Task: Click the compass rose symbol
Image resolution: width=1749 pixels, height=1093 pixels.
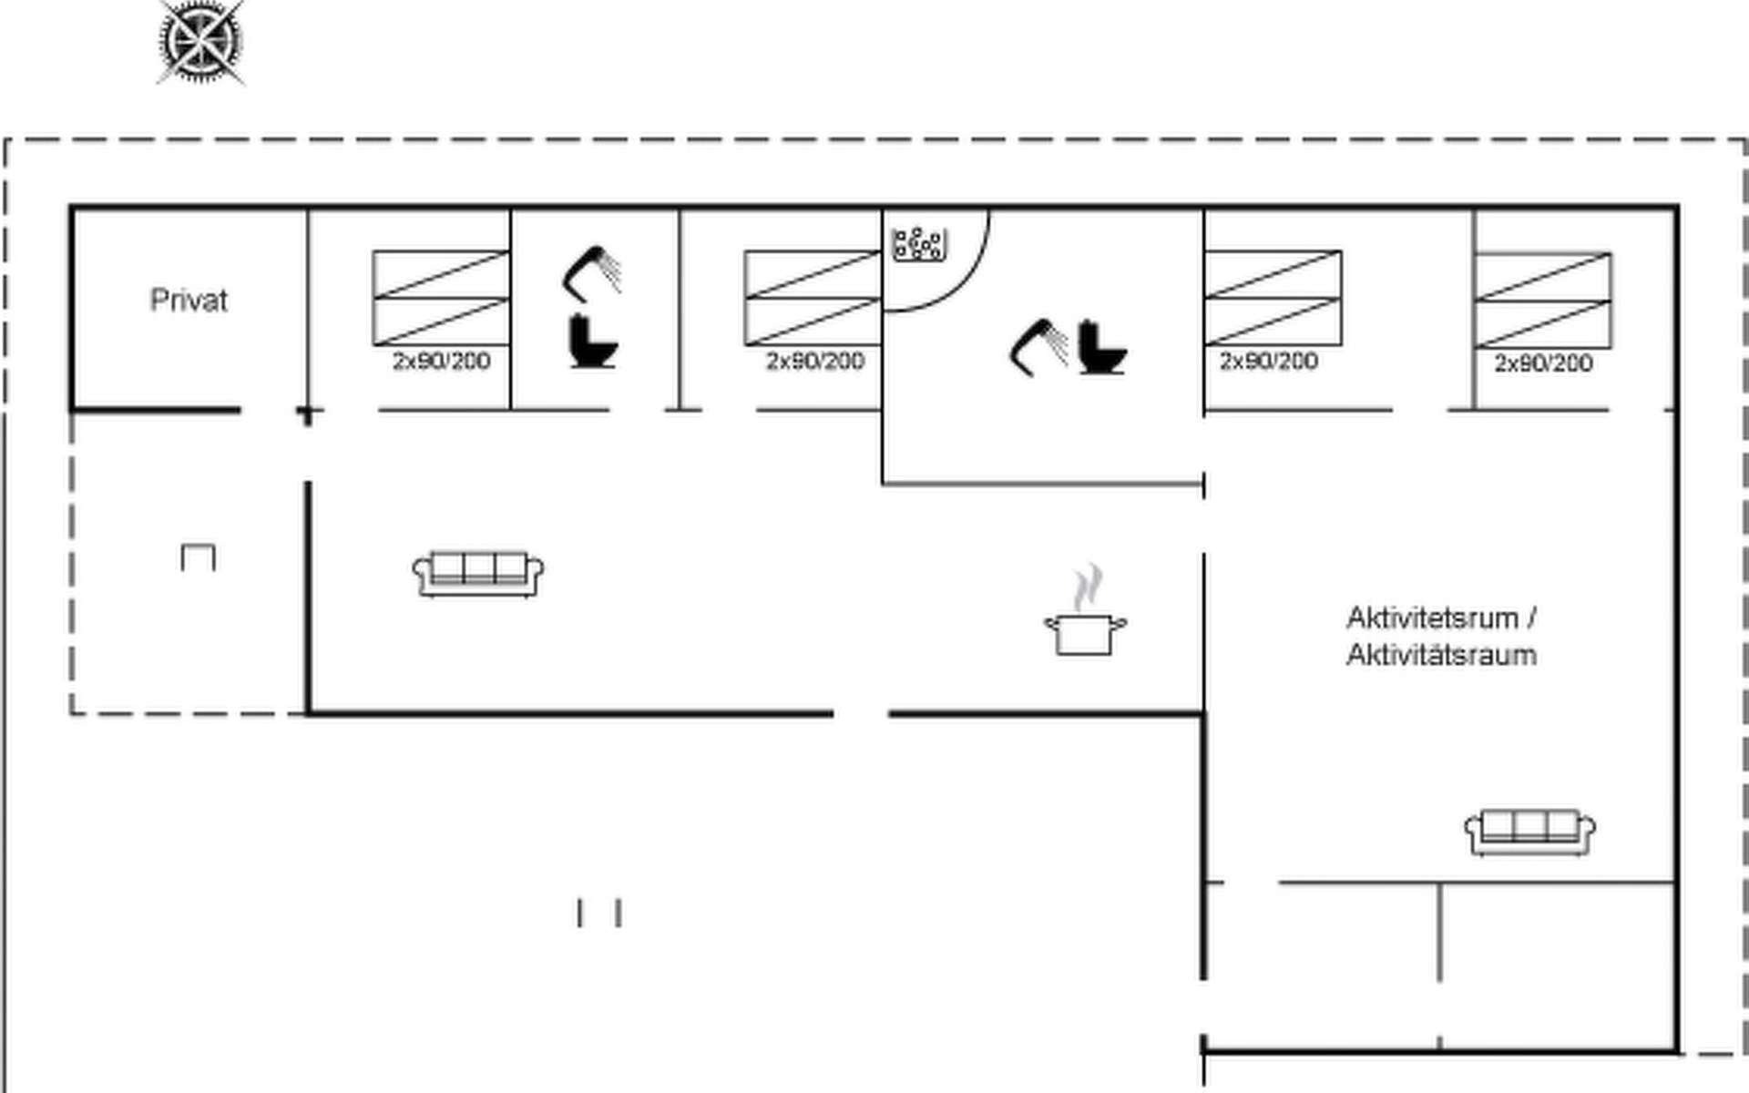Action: pos(201,43)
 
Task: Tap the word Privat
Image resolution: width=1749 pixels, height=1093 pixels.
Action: pos(189,301)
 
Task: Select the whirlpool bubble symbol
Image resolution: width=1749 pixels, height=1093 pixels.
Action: pos(919,244)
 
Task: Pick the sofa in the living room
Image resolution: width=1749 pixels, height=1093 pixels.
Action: pos(478,574)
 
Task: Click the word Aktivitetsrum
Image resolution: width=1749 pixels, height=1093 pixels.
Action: pos(1433,618)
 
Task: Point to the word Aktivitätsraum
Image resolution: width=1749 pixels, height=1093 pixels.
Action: pos(1441,655)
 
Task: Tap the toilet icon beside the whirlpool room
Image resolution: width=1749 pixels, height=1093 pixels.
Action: pos(1102,347)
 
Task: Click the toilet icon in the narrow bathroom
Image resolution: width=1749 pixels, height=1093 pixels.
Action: pos(593,341)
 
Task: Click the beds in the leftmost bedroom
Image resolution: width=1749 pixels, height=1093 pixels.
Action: pos(441,298)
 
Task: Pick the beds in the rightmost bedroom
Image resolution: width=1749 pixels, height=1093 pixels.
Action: pos(1543,301)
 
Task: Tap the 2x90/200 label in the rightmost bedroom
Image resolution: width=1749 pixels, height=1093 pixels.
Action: pos(1544,363)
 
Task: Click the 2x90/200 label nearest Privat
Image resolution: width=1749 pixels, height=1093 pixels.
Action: pos(442,362)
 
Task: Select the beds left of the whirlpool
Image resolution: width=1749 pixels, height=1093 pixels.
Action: pos(813,298)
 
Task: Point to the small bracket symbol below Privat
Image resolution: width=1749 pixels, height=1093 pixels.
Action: pos(199,557)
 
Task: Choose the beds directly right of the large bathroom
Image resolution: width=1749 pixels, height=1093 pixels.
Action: pos(1273,298)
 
